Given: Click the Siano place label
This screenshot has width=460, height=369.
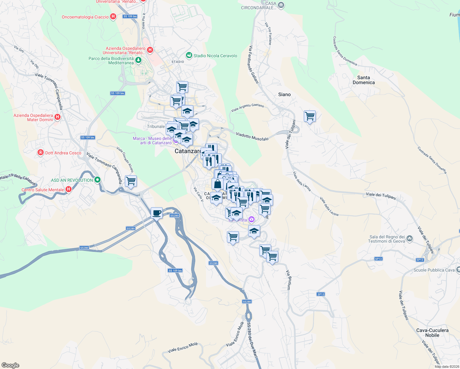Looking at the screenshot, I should [x=284, y=94].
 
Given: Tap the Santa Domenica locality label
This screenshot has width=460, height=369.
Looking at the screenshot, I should [x=363, y=80].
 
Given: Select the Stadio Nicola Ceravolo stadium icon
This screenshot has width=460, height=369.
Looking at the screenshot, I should [x=189, y=55].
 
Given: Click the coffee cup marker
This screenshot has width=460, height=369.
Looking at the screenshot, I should [x=157, y=213].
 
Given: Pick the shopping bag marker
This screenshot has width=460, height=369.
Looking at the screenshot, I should [x=217, y=184].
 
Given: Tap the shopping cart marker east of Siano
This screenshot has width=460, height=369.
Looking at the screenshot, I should [x=310, y=117].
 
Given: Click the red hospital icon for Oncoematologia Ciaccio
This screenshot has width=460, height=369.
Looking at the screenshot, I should [x=113, y=17].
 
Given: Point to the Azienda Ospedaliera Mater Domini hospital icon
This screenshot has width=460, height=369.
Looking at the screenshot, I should [x=57, y=117].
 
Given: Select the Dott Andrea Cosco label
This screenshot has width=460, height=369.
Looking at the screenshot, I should [x=63, y=153].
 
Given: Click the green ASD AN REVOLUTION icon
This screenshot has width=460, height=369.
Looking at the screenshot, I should [x=97, y=180].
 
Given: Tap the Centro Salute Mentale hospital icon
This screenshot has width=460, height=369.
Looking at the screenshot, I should [x=69, y=189].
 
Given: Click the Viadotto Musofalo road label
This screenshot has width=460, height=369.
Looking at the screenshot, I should [x=252, y=137].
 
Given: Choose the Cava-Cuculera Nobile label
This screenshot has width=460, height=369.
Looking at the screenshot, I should [x=432, y=333].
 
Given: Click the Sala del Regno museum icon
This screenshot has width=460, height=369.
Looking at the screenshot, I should [x=410, y=239].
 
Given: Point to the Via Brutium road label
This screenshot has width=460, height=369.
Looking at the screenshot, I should [x=288, y=280].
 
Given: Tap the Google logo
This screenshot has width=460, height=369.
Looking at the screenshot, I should [x=10, y=365].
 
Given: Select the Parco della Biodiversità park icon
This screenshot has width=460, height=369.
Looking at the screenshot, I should [x=138, y=60].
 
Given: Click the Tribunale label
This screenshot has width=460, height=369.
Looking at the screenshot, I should [x=156, y=126].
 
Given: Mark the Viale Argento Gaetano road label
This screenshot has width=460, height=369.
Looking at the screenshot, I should [x=247, y=108].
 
